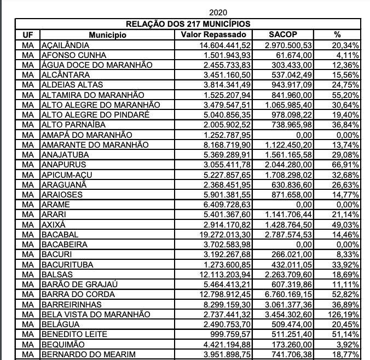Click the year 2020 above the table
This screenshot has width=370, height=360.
coord(218,12)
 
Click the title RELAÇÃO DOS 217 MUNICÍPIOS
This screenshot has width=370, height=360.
coord(188,24)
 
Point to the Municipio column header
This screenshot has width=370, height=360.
coord(108,35)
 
